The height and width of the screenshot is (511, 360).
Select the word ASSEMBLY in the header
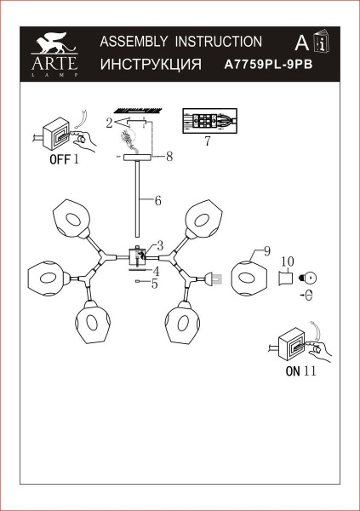coord(131,41)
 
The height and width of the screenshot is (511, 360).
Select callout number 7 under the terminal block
coord(207,141)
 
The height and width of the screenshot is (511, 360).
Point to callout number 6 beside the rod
coord(157,202)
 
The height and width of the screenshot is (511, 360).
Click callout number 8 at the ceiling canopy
coord(170,156)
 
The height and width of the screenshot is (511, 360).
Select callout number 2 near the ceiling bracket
coord(110,123)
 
